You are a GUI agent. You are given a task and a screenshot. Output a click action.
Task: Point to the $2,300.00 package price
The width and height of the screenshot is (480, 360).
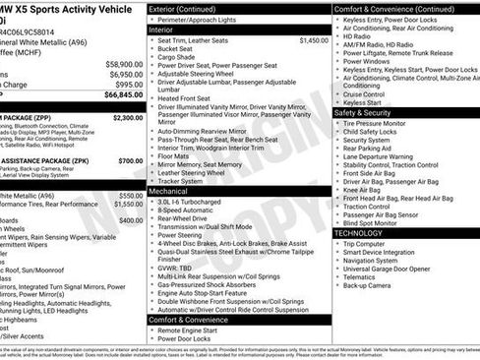(128, 117)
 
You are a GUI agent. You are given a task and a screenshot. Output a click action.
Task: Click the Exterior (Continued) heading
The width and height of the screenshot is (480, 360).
(190, 8)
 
